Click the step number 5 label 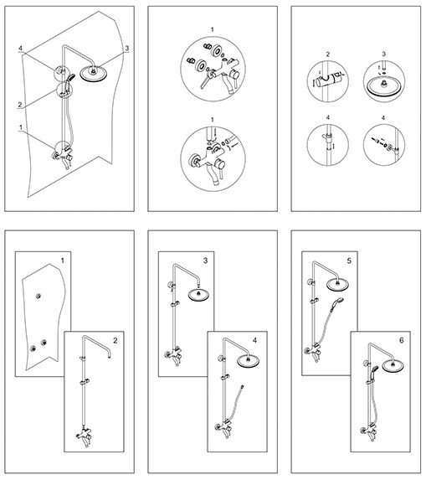click(x=349, y=261)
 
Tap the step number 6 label click(x=402, y=340)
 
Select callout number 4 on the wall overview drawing click(x=20, y=49)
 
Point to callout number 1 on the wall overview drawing click(x=21, y=127)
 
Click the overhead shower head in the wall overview click(x=93, y=74)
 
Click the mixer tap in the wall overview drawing click(x=64, y=156)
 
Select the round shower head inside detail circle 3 click(x=383, y=86)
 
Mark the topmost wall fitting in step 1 click(x=38, y=296)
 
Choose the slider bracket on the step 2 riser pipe click(x=84, y=382)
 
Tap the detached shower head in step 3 click(x=198, y=296)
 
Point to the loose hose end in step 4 click(x=242, y=387)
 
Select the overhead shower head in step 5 click(x=337, y=285)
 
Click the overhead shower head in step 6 click(x=393, y=366)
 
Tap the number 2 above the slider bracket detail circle click(x=328, y=54)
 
